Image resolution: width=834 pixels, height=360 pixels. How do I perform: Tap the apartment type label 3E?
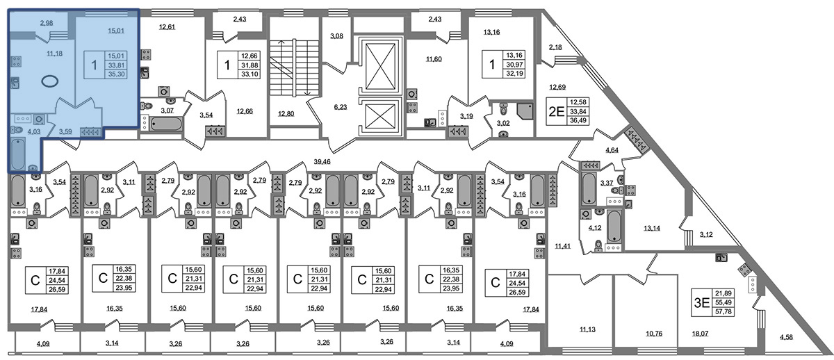pos(701,302)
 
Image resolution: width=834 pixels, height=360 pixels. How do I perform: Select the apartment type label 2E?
pos(556,112)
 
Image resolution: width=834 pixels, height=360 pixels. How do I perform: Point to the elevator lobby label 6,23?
pos(340,107)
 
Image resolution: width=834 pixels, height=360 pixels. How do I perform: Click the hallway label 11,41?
pos(562,245)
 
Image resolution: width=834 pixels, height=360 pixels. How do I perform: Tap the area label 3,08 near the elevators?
pos(336,35)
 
